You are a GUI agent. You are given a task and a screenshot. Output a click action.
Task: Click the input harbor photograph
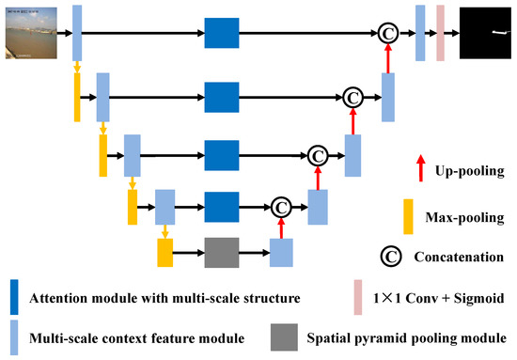31,32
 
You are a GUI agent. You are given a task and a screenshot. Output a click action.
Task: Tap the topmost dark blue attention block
222,32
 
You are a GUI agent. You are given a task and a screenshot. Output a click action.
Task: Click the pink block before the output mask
440,32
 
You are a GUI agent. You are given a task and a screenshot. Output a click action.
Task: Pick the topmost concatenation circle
385,32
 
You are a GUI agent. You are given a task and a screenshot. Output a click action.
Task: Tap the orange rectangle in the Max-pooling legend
407,216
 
